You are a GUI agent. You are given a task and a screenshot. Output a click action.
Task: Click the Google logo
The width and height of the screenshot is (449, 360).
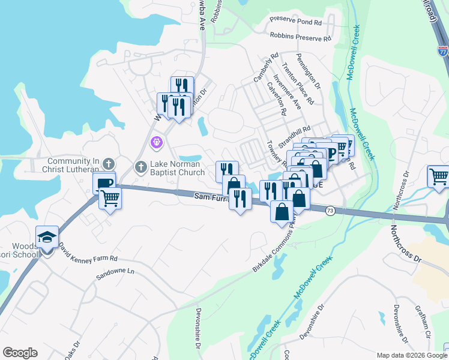[x=20, y=353]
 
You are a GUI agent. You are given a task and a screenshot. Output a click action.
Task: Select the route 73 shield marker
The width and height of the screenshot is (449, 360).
[x=330, y=211]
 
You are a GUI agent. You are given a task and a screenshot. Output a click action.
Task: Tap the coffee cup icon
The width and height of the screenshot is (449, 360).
[x=104, y=182]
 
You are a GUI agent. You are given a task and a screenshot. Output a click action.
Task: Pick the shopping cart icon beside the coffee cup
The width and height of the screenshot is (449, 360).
[x=110, y=197]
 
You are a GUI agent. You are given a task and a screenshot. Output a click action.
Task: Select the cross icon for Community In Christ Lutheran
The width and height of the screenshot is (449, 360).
[x=108, y=163]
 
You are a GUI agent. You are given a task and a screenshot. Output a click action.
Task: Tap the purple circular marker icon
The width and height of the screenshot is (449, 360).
[x=156, y=143]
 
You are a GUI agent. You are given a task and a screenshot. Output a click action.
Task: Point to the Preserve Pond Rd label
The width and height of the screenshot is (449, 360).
[x=295, y=22]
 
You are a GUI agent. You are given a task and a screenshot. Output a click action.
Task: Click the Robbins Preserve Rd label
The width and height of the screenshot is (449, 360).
[x=301, y=37]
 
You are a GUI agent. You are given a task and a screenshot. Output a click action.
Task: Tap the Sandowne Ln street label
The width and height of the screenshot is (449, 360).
[x=115, y=275]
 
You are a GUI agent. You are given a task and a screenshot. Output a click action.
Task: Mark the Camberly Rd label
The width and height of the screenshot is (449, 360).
[x=266, y=67]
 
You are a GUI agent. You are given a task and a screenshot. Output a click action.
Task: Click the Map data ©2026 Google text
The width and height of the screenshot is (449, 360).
[x=411, y=355]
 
